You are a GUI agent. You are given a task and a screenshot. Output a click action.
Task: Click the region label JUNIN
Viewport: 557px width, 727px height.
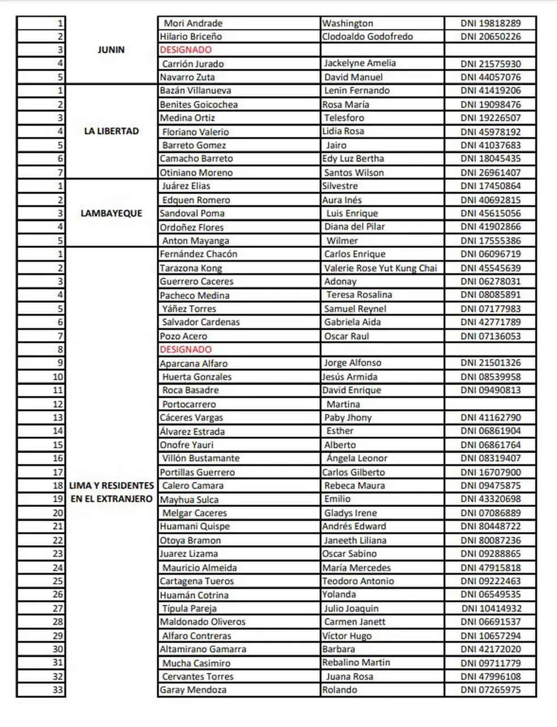pyautogui.click(x=111, y=50)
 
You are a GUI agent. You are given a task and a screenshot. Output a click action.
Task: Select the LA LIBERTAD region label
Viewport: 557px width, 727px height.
pyautogui.click(x=111, y=131)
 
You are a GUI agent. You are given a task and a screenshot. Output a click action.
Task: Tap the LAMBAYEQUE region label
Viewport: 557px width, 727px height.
pyautogui.click(x=111, y=213)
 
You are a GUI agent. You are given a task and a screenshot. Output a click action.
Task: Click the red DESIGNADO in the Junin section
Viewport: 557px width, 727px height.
pyautogui.click(x=185, y=50)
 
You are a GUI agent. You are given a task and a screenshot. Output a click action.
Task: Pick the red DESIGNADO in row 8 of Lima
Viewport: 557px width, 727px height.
pyautogui.click(x=185, y=350)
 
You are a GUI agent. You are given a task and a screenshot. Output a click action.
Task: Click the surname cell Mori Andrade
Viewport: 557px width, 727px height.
pyautogui.click(x=193, y=23)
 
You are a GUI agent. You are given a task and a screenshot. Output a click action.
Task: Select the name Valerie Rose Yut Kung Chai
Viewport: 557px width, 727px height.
pyautogui.click(x=380, y=268)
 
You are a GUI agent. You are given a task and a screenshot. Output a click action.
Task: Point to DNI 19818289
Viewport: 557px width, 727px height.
pyautogui.click(x=490, y=23)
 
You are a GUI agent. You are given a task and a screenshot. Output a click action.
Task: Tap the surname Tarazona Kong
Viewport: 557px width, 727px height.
pyautogui.click(x=190, y=268)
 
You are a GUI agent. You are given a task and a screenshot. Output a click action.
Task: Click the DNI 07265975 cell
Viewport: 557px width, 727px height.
pyautogui.click(x=490, y=690)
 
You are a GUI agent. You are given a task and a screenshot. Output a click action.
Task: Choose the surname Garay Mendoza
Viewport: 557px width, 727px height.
pyautogui.click(x=193, y=690)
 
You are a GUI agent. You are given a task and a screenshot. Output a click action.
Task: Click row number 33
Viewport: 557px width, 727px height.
pyautogui.click(x=58, y=690)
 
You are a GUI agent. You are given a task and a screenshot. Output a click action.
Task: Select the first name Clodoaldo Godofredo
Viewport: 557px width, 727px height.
pyautogui.click(x=367, y=36)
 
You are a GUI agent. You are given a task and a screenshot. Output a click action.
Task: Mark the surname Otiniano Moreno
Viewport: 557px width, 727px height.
pyautogui.click(x=196, y=172)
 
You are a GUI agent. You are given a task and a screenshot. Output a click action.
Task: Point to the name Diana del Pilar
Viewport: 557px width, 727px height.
pyautogui.click(x=354, y=227)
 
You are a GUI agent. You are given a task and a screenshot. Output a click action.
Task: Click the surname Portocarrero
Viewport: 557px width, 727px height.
pyautogui.click(x=189, y=404)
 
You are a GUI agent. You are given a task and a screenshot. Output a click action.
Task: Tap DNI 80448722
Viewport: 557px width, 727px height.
pyautogui.click(x=490, y=526)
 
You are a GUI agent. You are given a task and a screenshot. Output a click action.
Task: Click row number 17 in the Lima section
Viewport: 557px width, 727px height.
pyautogui.click(x=58, y=472)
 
